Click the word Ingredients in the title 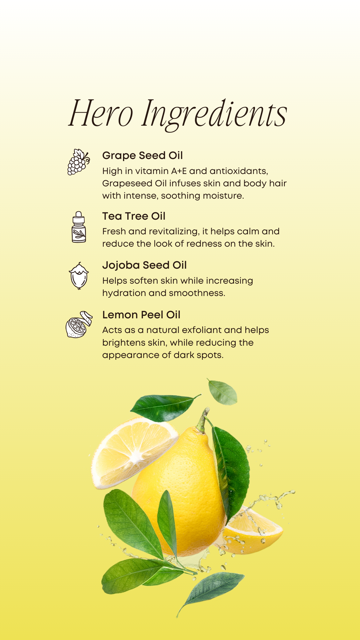[x=214, y=114]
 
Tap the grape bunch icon [x=79, y=162]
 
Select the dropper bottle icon [x=79, y=227]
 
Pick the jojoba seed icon [x=79, y=276]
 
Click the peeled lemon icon [x=79, y=325]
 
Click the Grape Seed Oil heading [x=142, y=155]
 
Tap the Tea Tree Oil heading [x=134, y=216]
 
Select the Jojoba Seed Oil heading [x=144, y=265]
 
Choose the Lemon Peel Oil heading [x=141, y=315]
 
